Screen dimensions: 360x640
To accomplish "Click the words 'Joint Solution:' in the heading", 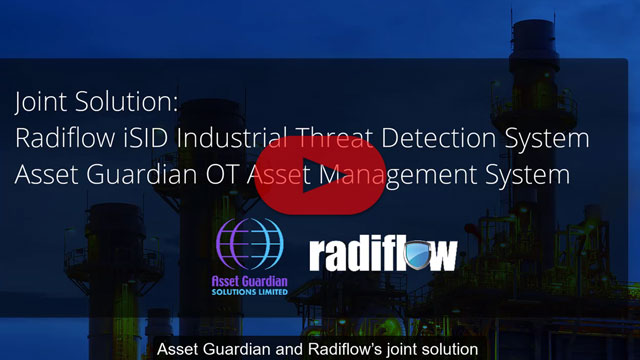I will click(x=83, y=102).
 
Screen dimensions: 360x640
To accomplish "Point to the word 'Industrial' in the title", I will click(x=246, y=138).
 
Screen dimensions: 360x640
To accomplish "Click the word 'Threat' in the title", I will click(x=339, y=138).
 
